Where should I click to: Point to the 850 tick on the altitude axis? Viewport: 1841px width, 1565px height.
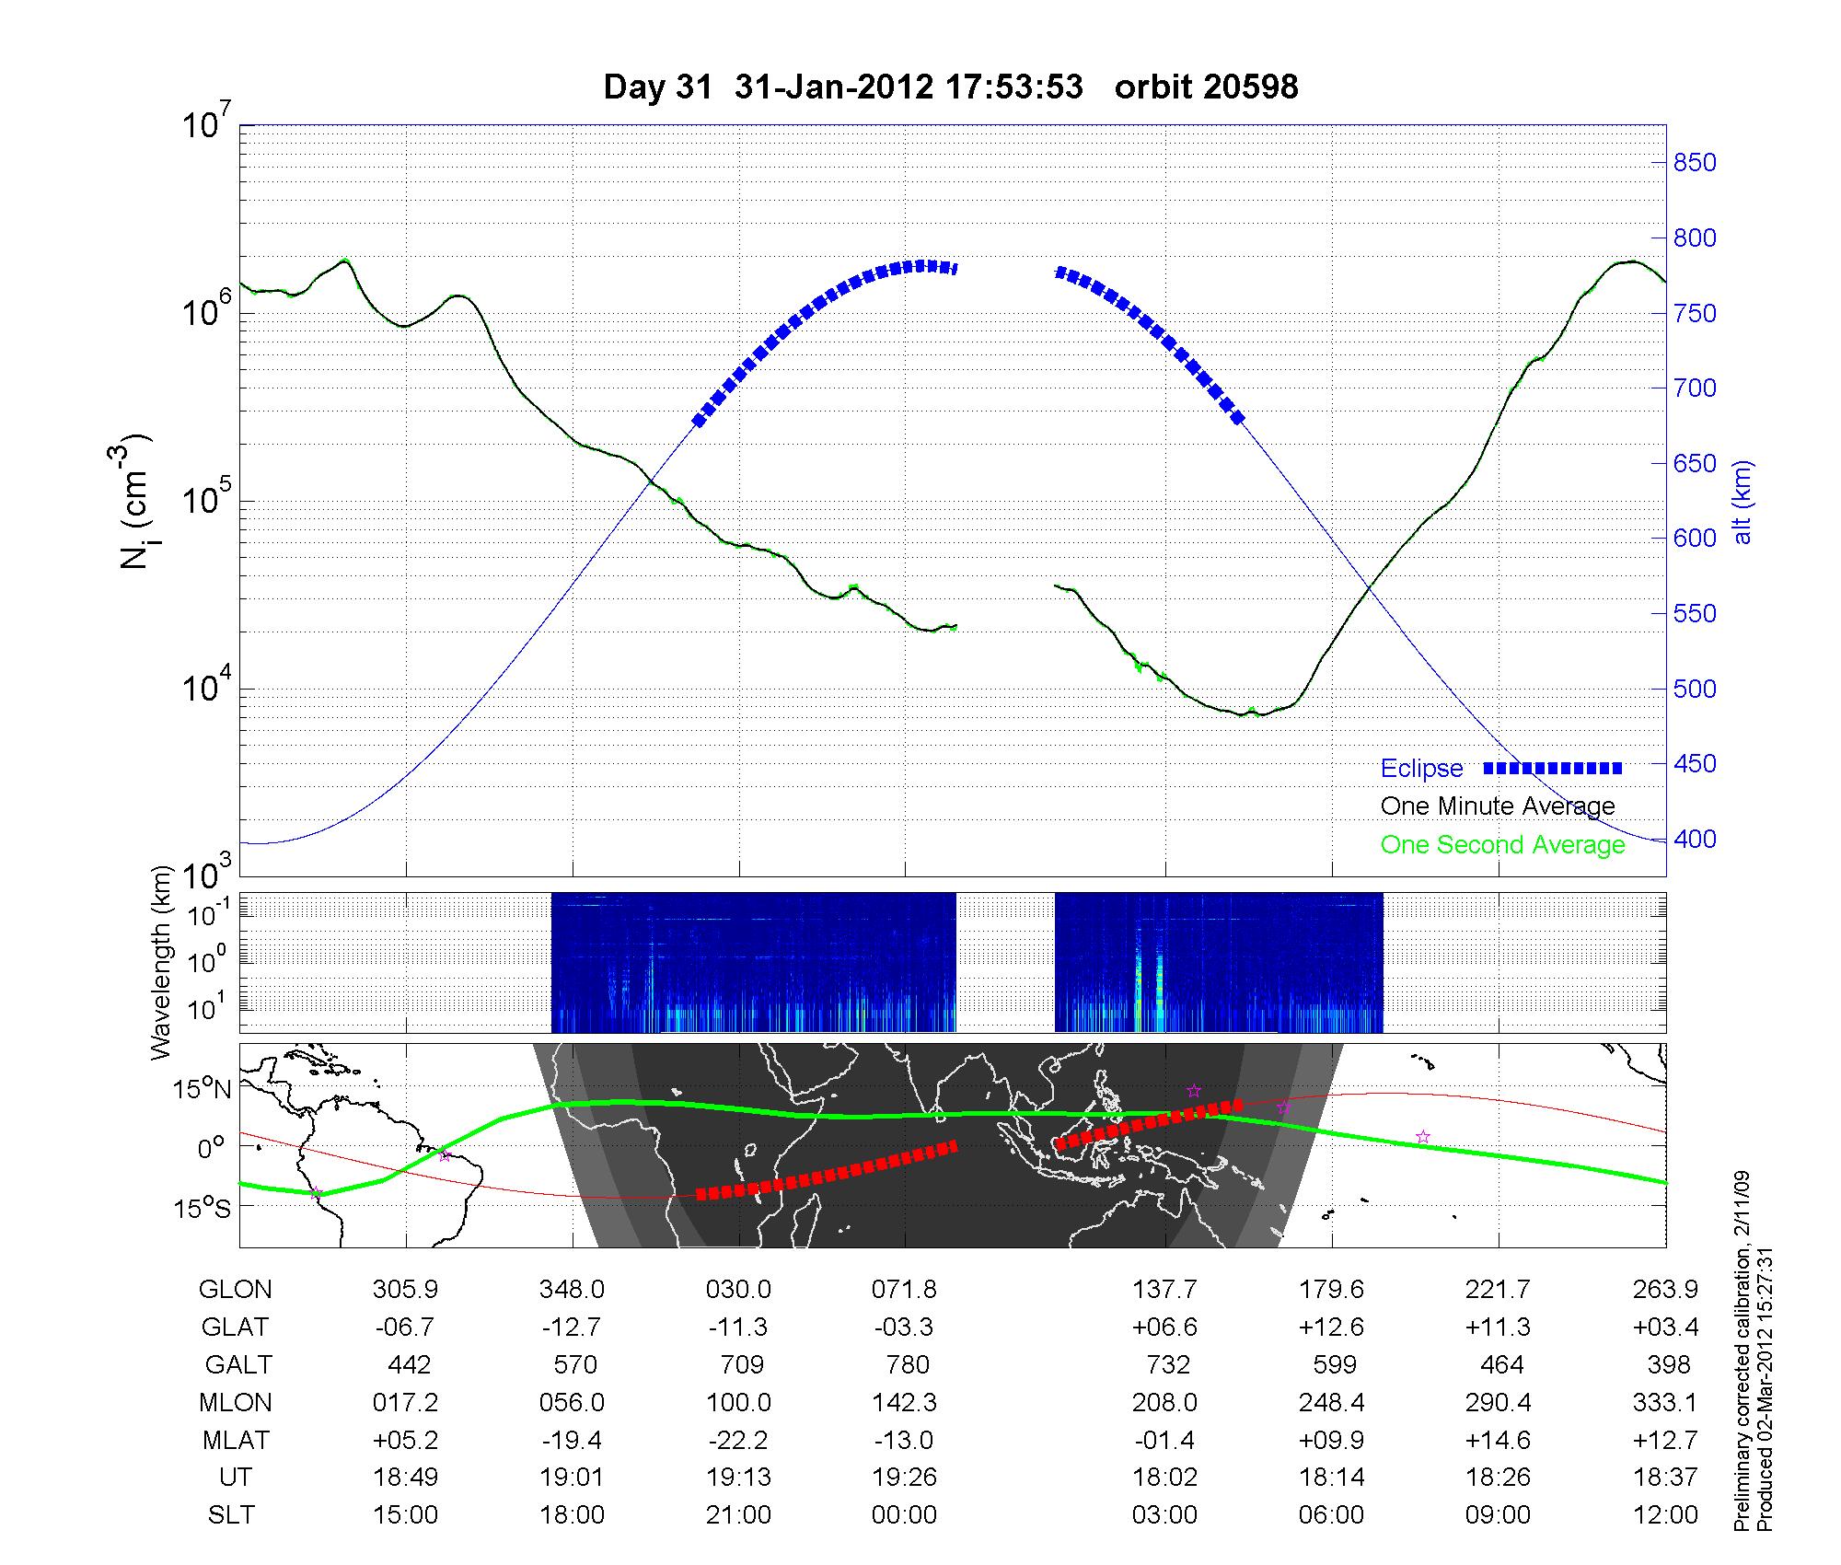click(x=1694, y=163)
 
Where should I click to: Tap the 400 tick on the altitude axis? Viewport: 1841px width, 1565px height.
click(x=1694, y=840)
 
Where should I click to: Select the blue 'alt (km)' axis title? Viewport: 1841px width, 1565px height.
click(x=1743, y=502)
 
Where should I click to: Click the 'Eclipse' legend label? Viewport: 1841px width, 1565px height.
click(x=1421, y=769)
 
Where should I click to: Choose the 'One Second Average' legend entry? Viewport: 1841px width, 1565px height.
click(x=1502, y=845)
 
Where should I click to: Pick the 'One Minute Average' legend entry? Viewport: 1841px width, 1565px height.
click(x=1498, y=806)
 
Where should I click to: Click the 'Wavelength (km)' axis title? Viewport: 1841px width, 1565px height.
click(x=163, y=963)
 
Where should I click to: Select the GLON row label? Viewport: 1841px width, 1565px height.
click(x=235, y=1290)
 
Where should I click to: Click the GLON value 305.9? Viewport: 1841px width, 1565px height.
click(x=405, y=1290)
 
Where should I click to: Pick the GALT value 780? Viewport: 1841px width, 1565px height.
click(x=905, y=1364)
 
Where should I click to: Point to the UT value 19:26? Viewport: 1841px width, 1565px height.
click(x=905, y=1477)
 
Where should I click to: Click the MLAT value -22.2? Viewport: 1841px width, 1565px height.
click(x=738, y=1440)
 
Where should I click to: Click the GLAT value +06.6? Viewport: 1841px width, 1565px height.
click(x=1164, y=1327)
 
